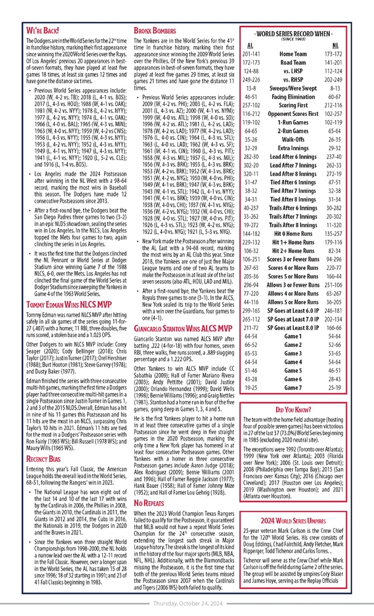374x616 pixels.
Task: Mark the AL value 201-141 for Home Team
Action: (x=250, y=54)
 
